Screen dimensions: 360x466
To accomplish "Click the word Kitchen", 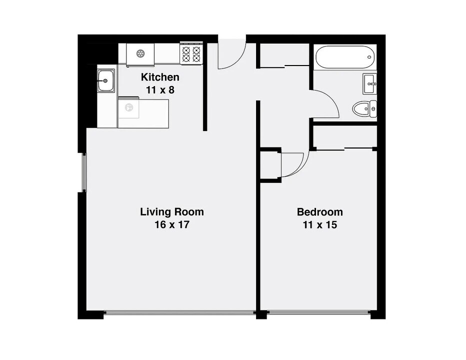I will click(160, 77).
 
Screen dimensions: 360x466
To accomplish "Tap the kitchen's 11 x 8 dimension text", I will click(160, 90).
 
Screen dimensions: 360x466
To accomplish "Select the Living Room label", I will click(171, 211).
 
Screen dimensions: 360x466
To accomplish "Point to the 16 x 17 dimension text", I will click(171, 224).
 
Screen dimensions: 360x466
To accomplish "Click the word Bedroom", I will click(319, 211).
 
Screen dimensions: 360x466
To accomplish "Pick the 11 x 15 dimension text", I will click(319, 224).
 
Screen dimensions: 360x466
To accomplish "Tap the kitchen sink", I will click(105, 80).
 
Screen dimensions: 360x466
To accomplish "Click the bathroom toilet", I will click(362, 108).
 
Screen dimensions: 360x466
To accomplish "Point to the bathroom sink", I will click(370, 83).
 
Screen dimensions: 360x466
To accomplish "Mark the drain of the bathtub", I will click(369, 56).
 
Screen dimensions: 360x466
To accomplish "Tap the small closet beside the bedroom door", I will click(270, 163).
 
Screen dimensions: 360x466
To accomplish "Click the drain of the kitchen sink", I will click(105, 80).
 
